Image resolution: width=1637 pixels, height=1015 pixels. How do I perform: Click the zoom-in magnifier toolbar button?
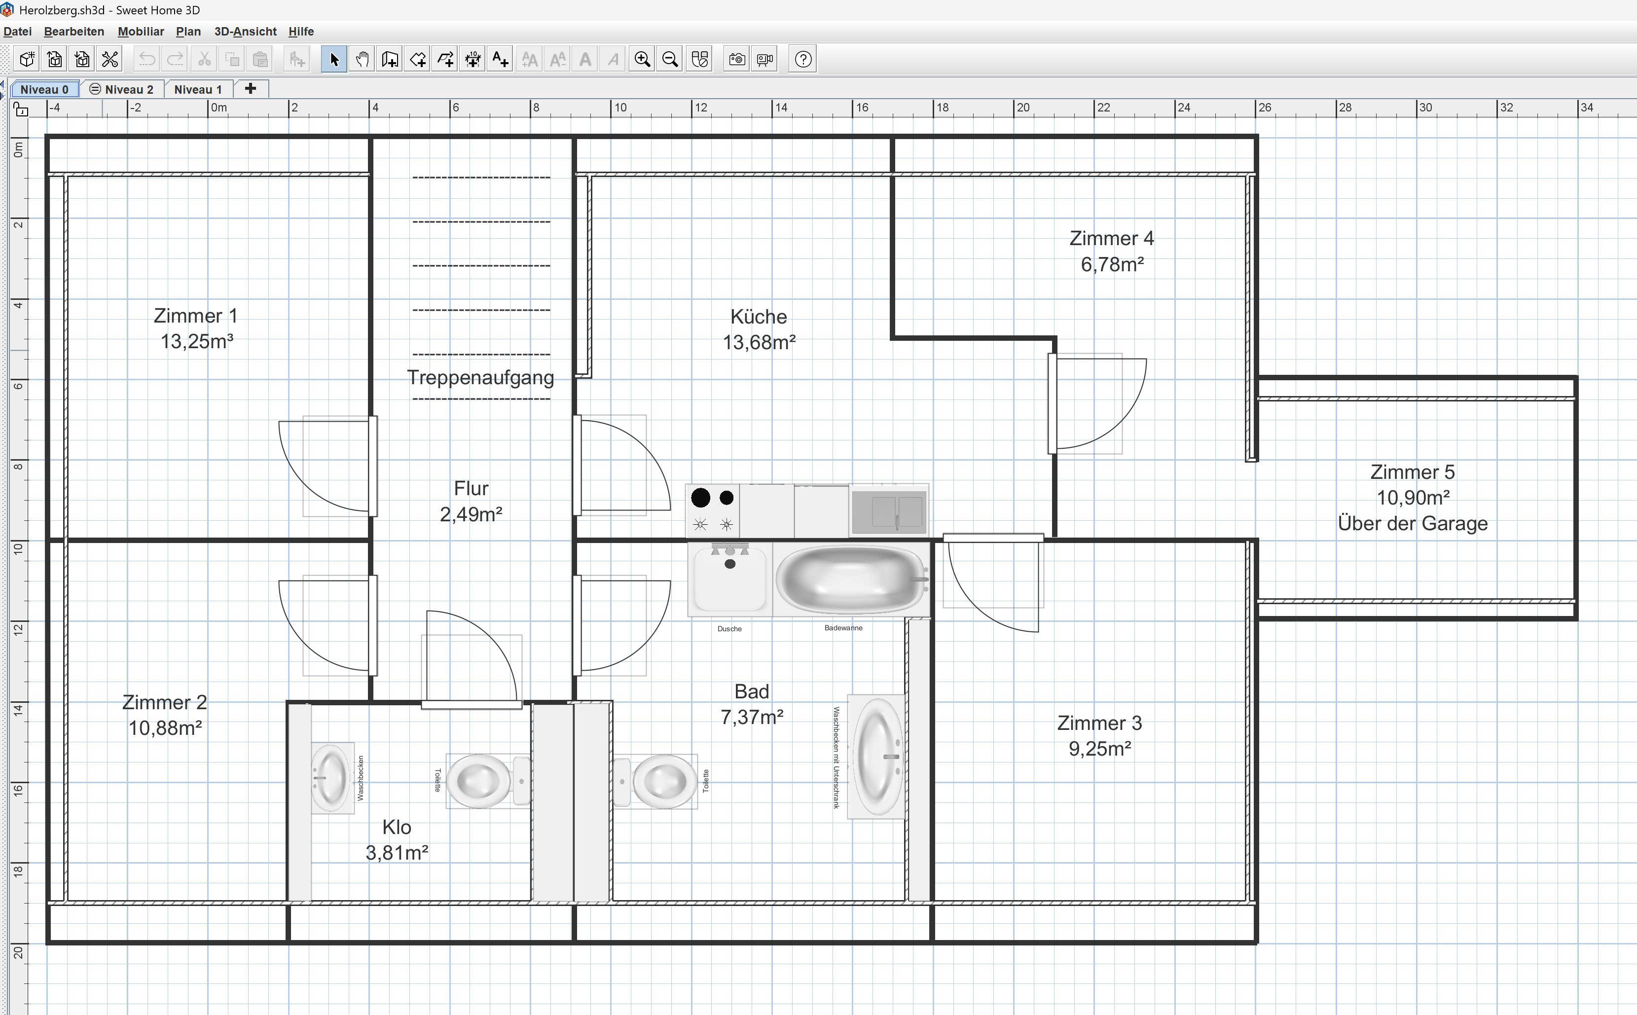pos(642,60)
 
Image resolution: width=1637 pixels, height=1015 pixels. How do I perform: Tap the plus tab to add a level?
pos(251,89)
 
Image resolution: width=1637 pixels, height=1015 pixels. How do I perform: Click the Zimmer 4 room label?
pos(1111,238)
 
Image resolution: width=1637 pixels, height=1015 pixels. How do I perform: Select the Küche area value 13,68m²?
pos(759,342)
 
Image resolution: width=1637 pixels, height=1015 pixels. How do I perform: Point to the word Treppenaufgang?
pos(480,377)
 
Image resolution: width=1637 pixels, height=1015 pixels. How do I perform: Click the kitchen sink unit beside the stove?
pos(889,511)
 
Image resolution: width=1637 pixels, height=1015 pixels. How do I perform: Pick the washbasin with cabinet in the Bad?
pos(876,757)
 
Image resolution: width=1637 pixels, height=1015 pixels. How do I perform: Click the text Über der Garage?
pos(1413,524)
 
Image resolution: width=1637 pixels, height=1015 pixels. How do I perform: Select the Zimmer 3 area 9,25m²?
pos(1100,749)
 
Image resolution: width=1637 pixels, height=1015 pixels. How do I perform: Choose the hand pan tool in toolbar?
pos(362,60)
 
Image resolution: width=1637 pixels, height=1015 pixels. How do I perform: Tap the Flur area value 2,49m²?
pos(471,514)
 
